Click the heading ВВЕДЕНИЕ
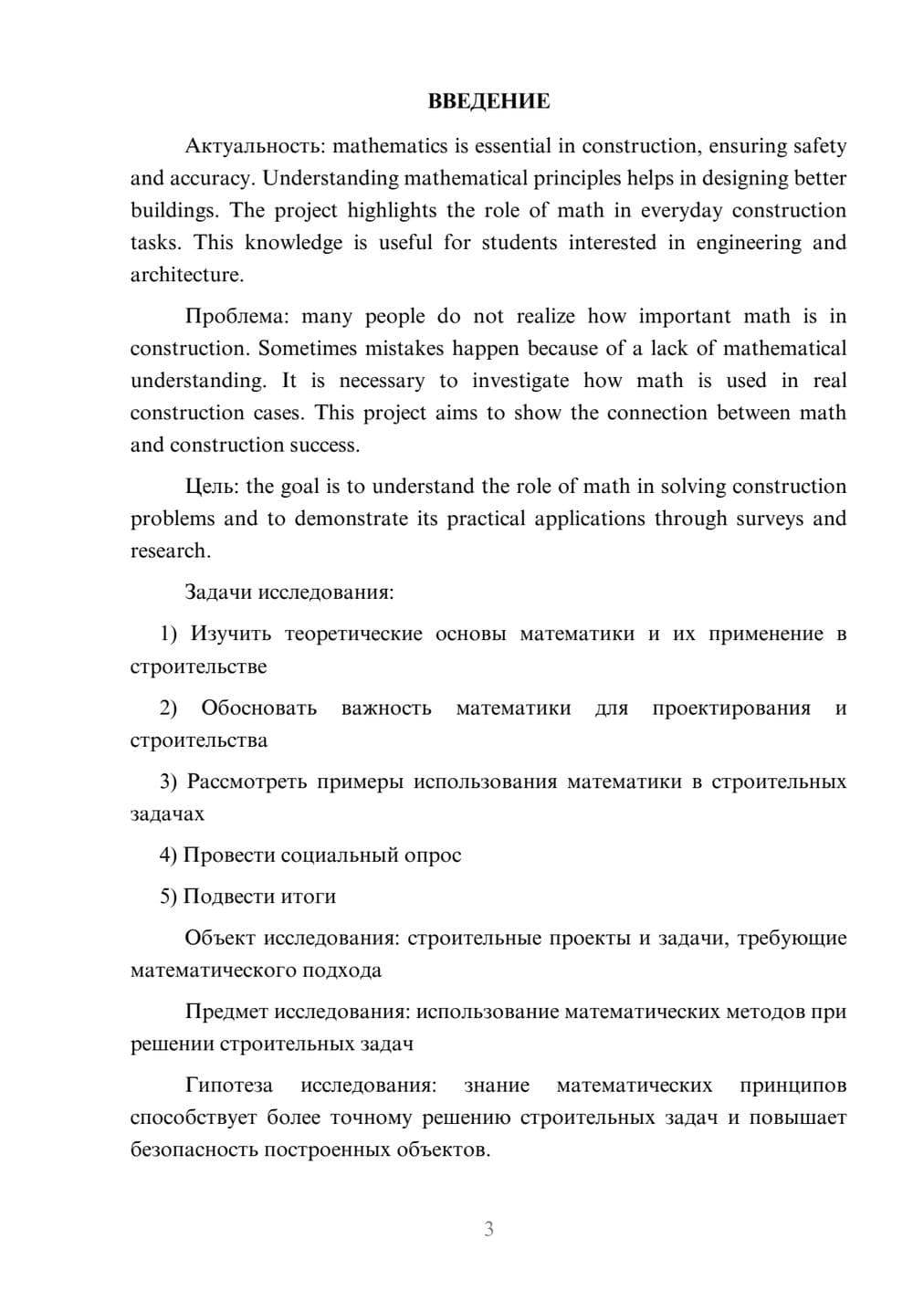click(488, 101)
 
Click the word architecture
click(186, 275)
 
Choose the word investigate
click(520, 381)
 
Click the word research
click(170, 551)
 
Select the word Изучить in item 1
click(231, 634)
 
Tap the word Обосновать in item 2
click(259, 708)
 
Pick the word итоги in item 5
click(309, 897)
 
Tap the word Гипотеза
click(228, 1086)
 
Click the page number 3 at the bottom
click(488, 1229)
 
